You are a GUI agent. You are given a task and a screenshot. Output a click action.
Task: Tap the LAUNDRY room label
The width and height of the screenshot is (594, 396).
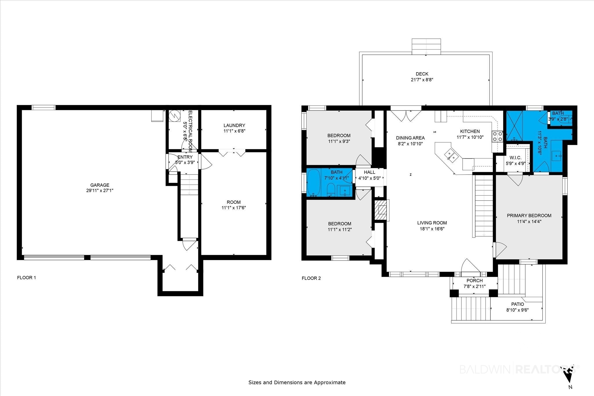tap(234, 126)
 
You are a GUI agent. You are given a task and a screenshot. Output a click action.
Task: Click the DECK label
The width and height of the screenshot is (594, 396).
tap(422, 74)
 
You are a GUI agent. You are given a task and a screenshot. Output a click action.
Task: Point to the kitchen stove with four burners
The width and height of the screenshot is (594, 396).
tap(497, 136)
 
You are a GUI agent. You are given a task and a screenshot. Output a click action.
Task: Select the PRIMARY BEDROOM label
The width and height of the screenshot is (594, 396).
tap(529, 216)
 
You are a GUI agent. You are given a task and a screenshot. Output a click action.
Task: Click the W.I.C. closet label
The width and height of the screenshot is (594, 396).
tap(515, 158)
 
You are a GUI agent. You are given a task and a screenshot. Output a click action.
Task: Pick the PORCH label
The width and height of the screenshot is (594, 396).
tap(475, 281)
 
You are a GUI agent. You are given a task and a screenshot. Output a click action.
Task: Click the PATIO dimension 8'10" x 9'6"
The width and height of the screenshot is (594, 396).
tap(517, 310)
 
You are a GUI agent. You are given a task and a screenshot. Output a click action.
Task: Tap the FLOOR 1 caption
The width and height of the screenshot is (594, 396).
tap(26, 277)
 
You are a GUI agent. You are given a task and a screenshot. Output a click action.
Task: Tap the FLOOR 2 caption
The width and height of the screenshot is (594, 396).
tap(311, 278)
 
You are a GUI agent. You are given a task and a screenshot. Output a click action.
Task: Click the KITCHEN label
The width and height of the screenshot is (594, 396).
tap(470, 131)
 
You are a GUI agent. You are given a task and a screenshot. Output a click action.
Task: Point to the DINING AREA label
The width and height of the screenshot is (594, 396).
tap(410, 138)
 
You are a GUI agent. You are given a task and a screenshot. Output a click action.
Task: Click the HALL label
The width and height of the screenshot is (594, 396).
tap(370, 172)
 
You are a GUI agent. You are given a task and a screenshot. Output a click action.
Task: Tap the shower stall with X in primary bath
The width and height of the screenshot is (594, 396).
tap(514, 125)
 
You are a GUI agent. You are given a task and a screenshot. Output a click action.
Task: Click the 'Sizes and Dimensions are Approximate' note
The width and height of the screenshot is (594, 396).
tap(297, 382)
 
